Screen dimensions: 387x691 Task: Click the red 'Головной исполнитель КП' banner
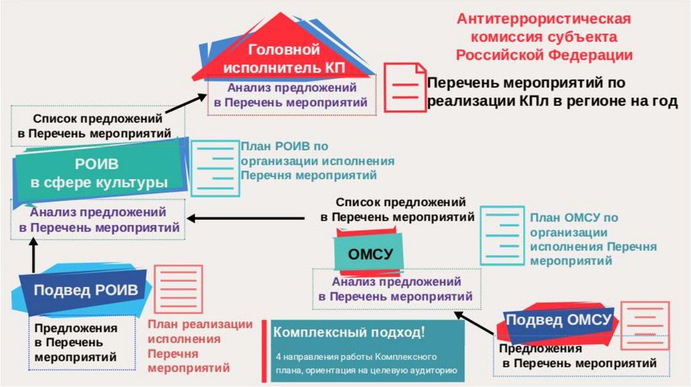click(283, 59)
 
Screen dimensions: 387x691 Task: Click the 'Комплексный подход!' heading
click(349, 332)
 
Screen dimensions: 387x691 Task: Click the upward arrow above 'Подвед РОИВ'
click(32, 257)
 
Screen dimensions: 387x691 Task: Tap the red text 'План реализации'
click(200, 324)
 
